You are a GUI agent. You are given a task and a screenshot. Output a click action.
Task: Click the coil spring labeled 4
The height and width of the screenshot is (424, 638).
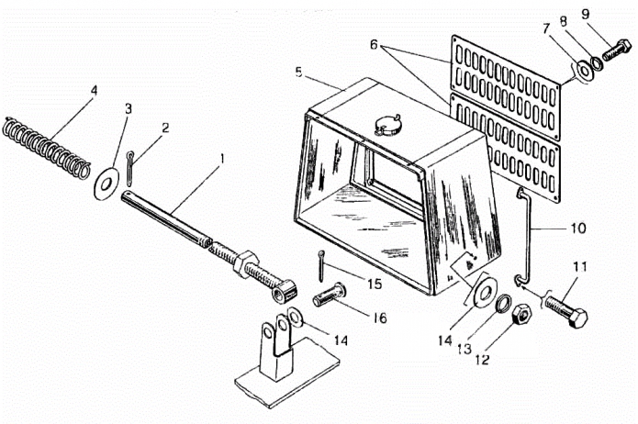click(46, 149)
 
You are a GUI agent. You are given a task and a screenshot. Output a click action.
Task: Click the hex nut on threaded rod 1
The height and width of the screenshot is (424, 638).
click(245, 263)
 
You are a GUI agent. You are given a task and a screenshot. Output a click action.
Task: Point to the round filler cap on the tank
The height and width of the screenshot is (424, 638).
click(387, 125)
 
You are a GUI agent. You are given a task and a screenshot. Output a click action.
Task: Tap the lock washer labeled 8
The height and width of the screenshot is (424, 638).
click(598, 62)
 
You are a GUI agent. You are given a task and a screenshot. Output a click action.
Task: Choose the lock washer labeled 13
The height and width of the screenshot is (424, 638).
click(504, 303)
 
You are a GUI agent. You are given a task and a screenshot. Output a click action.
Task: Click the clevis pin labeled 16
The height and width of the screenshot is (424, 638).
click(330, 296)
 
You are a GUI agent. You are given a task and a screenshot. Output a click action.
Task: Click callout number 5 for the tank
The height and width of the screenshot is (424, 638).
click(299, 73)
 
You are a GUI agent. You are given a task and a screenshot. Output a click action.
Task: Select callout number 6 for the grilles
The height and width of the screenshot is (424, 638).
click(374, 44)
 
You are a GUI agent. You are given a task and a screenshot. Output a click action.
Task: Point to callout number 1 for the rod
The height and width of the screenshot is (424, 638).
click(222, 159)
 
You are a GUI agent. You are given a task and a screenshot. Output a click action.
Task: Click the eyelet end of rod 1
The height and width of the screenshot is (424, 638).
click(284, 290)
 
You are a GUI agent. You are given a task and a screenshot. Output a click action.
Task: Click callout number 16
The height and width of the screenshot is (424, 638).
click(380, 318)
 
